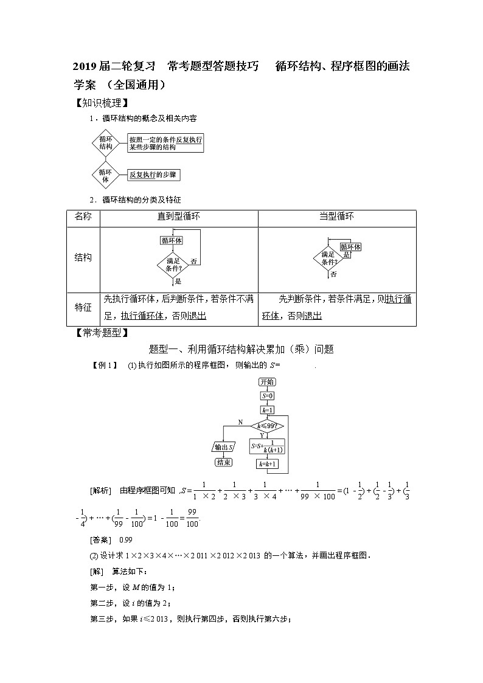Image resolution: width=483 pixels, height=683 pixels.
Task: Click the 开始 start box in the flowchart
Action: [x=266, y=382]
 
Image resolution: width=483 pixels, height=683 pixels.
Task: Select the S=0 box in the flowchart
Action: [x=266, y=396]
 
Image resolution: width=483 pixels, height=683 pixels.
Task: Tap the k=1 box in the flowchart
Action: [x=266, y=410]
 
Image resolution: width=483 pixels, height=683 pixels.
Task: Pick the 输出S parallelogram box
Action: [x=223, y=447]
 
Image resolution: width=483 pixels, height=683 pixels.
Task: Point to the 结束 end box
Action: [x=223, y=462]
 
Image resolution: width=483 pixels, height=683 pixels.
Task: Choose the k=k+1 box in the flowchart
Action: [x=266, y=464]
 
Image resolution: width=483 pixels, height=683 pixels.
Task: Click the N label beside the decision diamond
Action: [x=240, y=421]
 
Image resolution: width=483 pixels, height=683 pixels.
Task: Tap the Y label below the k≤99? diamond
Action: [x=262, y=435]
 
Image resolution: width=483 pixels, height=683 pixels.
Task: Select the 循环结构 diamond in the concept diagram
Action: [x=106, y=143]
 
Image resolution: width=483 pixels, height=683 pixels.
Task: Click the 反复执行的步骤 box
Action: [x=154, y=175]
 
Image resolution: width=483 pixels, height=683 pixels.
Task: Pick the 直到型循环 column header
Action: [x=178, y=217]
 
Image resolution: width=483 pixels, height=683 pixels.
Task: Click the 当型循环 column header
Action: [x=336, y=217]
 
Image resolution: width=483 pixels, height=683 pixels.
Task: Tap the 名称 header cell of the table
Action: [x=83, y=217]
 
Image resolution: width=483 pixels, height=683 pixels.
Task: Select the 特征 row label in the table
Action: [x=83, y=307]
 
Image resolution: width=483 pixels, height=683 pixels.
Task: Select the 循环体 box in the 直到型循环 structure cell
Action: [x=172, y=241]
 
